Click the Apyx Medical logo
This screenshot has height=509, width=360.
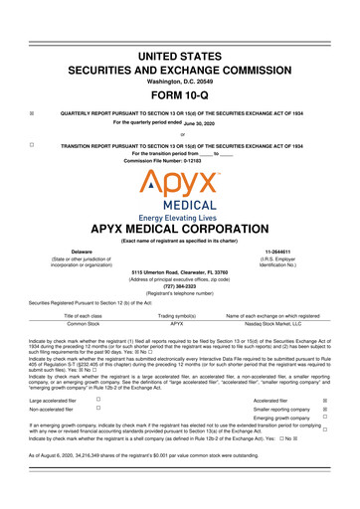click(x=179, y=190)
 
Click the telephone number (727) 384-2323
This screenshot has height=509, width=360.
click(x=179, y=293)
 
